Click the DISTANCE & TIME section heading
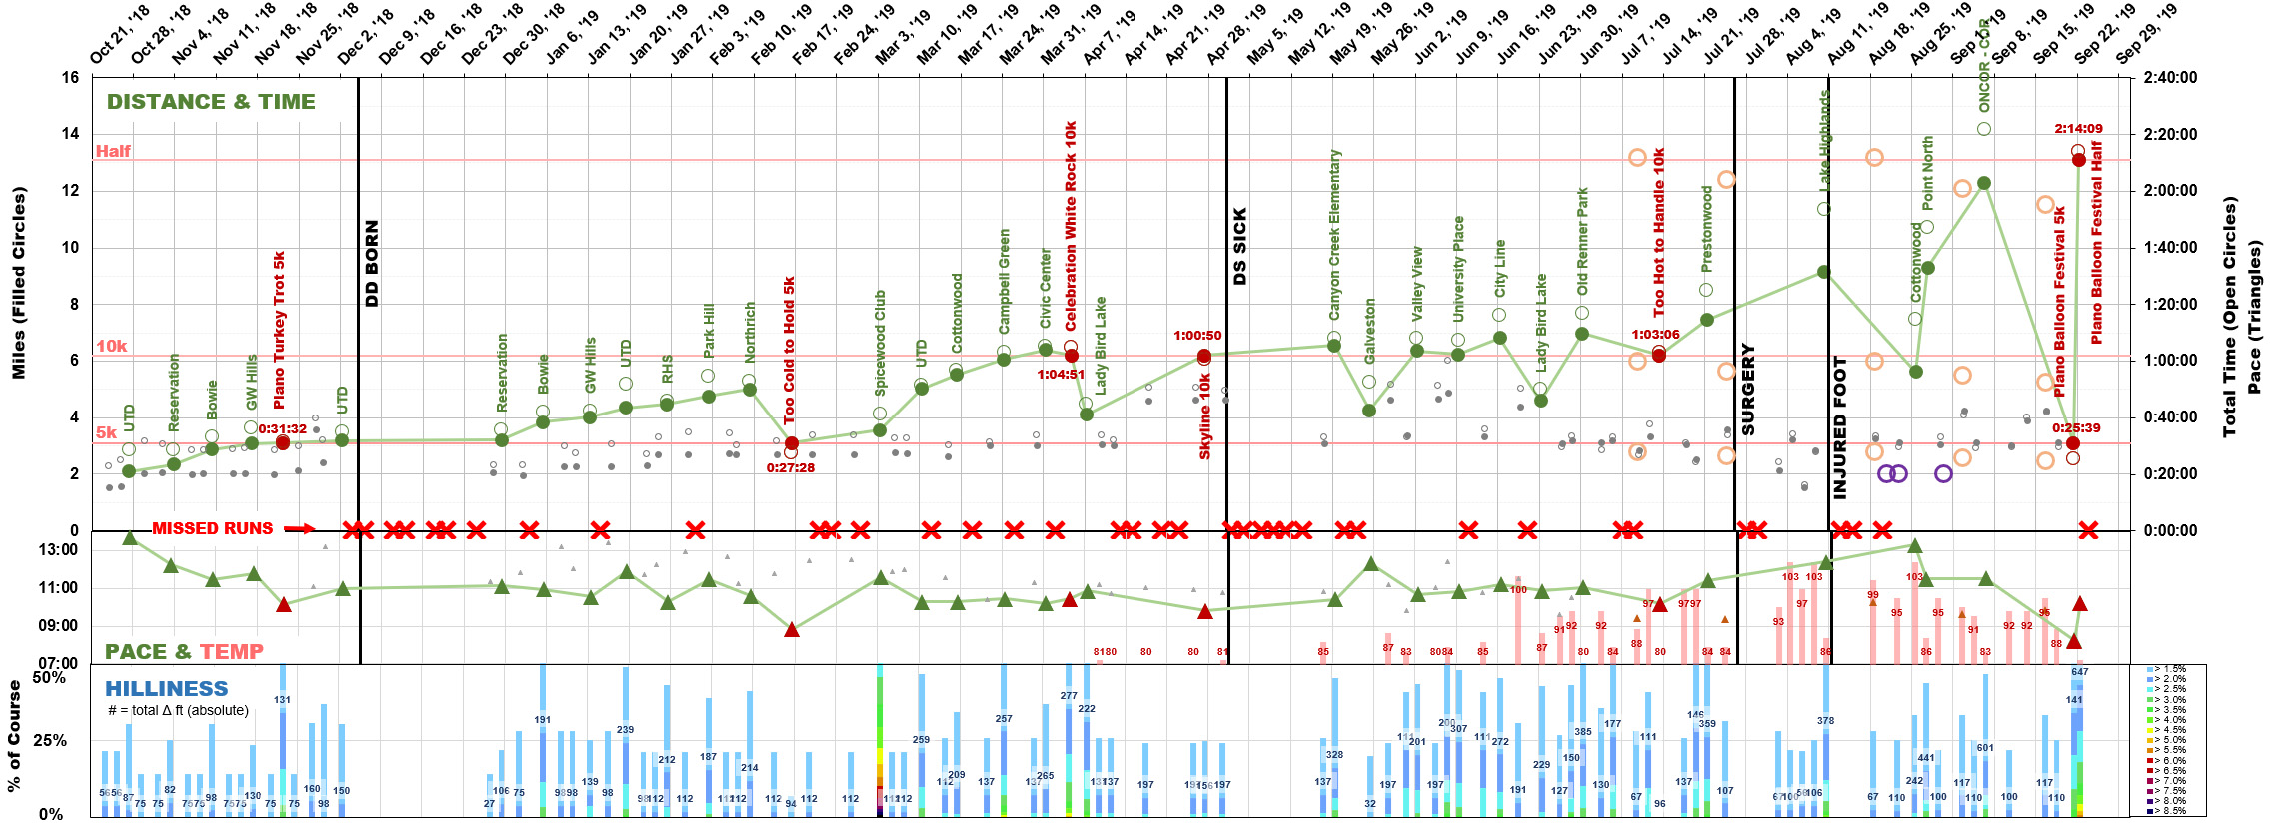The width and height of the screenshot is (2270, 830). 211,102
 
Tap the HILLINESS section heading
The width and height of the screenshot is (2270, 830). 166,689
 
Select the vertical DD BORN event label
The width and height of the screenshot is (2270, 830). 372,263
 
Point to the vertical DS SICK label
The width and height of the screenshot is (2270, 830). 1240,246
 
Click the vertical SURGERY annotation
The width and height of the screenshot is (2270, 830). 1747,390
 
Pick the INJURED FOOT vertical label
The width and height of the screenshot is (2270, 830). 1840,426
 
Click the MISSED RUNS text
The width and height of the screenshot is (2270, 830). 212,528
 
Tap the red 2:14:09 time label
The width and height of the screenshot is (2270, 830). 2078,129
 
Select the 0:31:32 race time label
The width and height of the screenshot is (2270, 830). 282,429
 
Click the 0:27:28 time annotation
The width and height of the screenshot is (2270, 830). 790,467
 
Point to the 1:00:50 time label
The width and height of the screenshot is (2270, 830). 1197,336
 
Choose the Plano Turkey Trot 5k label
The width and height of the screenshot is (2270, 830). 280,330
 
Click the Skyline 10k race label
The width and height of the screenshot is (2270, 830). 1204,415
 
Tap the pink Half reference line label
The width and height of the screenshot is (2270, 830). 113,151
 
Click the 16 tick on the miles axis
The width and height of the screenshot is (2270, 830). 70,77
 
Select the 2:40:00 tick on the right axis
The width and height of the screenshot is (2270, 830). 2170,77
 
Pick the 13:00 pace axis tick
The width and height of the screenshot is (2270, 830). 58,549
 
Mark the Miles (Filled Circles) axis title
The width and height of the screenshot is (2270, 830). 19,283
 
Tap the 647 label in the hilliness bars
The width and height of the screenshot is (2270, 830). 2079,672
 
